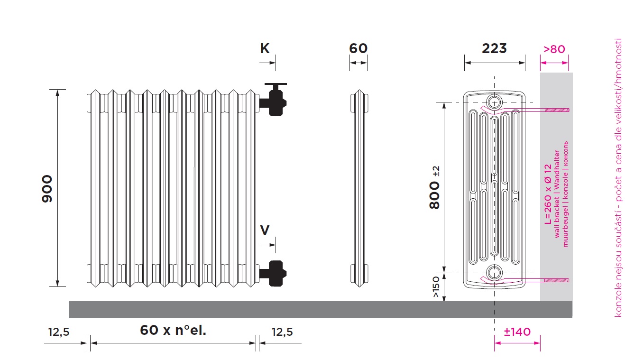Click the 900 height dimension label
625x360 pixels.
[x=47, y=189]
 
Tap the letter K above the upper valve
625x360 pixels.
[x=265, y=48]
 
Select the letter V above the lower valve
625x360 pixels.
[x=265, y=230]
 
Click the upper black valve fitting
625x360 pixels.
[x=273, y=99]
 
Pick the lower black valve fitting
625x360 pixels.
[x=273, y=274]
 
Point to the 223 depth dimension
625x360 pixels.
[x=494, y=48]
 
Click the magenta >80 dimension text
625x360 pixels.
[x=554, y=49]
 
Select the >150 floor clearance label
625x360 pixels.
[x=435, y=286]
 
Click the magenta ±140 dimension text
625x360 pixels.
[x=517, y=332]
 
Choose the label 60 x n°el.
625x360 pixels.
[x=173, y=330]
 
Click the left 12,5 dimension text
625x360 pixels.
[x=59, y=332]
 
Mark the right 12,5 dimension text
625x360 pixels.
[x=282, y=332]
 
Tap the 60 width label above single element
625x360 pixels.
[x=358, y=48]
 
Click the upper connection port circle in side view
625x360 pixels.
[x=494, y=102]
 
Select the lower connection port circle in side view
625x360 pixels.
[x=494, y=272]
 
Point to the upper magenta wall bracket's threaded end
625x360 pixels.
[x=557, y=110]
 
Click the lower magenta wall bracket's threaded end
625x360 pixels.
[x=557, y=280]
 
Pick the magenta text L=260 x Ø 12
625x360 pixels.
[x=548, y=194]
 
